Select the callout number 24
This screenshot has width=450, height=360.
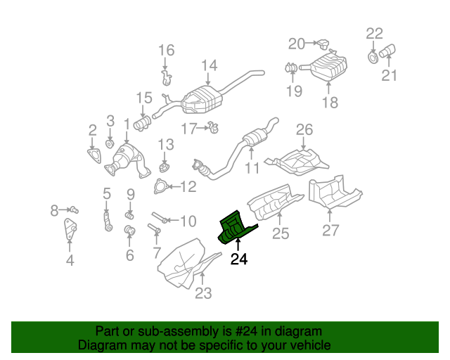tap(239, 259)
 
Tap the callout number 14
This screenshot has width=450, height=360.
tap(209, 66)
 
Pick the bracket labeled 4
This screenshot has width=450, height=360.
tap(70, 231)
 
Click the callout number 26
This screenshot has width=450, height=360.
tap(304, 129)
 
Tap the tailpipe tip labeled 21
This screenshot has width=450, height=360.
tap(387, 51)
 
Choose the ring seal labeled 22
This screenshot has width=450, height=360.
tap(372, 54)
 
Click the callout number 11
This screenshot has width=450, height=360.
tap(252, 168)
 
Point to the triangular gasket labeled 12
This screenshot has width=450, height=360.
tap(160, 186)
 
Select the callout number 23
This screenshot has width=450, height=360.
tap(202, 293)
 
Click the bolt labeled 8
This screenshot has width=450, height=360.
tap(73, 210)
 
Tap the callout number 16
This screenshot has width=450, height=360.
tap(165, 50)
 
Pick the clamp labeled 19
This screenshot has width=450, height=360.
tap(290, 67)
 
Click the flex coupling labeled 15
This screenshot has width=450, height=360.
tap(143, 124)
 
